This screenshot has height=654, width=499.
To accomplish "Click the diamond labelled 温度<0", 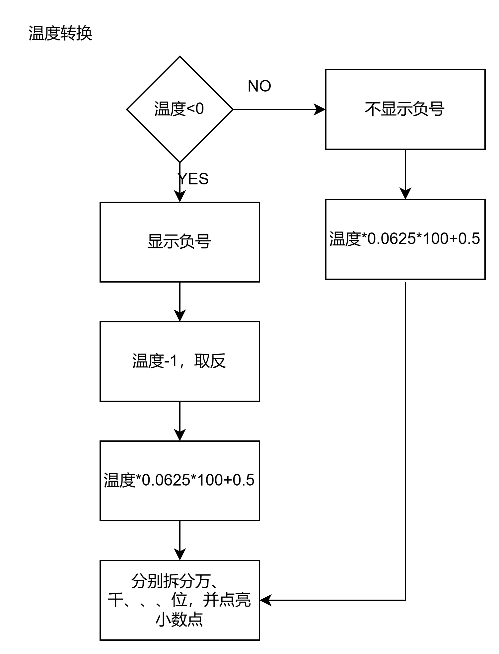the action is (x=179, y=109).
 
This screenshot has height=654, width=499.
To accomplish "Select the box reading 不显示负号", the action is (x=405, y=109).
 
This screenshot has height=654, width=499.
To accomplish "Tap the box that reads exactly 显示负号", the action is (x=179, y=242).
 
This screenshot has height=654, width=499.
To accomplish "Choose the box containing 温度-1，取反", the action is (x=179, y=361).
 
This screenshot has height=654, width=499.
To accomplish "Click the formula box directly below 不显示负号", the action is (x=405, y=239).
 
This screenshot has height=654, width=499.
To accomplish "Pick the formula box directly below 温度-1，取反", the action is (x=179, y=481).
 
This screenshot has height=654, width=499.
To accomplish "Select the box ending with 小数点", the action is (x=179, y=600).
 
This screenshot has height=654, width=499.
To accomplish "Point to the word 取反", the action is (x=210, y=361).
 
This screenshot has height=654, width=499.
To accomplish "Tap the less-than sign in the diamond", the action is (x=191, y=109).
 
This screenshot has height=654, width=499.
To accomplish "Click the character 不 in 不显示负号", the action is (x=373, y=109).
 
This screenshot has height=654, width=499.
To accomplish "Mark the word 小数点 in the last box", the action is (x=179, y=620).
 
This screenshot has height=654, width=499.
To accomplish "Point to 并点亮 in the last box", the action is (x=227, y=600).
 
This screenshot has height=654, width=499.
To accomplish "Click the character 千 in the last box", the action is (x=115, y=600).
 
